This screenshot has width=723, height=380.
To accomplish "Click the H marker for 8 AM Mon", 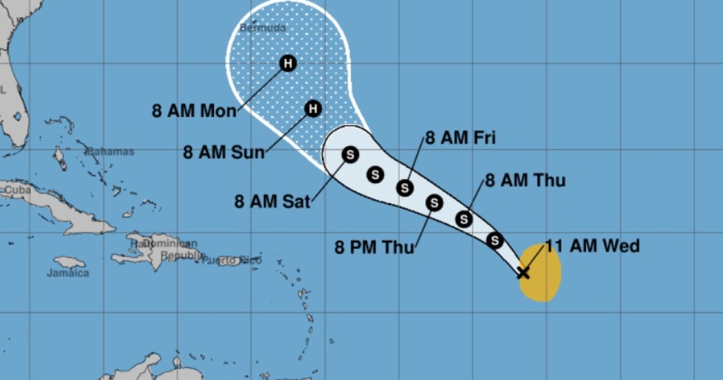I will click(288, 63).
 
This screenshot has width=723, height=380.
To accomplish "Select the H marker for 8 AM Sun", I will click(312, 109).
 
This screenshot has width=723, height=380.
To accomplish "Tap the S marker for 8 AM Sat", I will click(349, 154).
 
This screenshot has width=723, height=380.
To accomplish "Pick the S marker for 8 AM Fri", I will click(405, 188).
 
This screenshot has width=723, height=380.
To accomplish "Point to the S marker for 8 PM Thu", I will click(434, 203).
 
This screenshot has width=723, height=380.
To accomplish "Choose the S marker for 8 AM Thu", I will click(463, 218).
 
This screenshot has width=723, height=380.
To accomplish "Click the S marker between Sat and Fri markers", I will click(375, 175).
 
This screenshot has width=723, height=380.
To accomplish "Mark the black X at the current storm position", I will click(523, 273).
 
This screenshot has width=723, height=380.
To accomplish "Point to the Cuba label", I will click(17, 190).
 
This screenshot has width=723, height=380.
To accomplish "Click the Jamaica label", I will click(68, 273).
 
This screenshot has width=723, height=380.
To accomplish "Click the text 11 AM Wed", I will click(592, 246).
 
